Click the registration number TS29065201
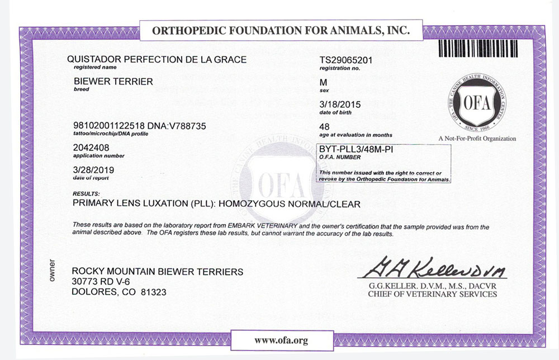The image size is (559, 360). click(x=345, y=60)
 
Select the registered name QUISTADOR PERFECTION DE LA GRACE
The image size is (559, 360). click(x=156, y=59)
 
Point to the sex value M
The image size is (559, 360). click(x=319, y=82)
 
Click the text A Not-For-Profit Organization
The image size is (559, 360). click(x=477, y=139)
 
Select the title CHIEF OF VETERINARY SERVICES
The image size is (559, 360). click(x=432, y=294)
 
